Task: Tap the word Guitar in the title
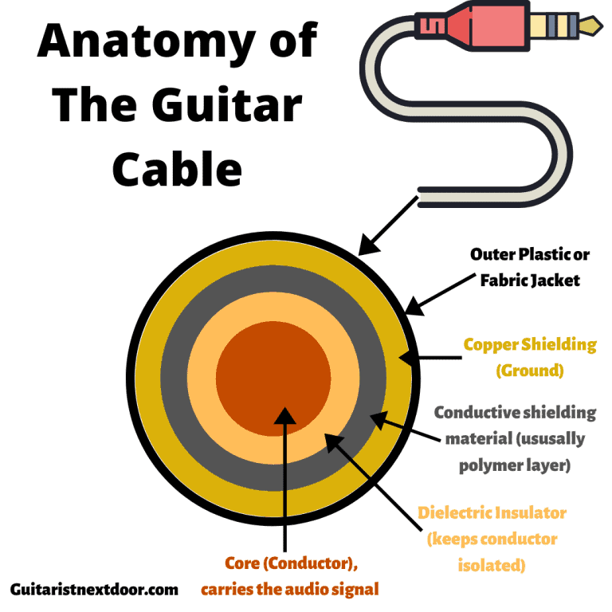[231, 105]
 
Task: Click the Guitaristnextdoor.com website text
[95, 590]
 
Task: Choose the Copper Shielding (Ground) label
[530, 357]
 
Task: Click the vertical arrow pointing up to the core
[284, 478]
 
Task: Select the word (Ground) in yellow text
[530, 371]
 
